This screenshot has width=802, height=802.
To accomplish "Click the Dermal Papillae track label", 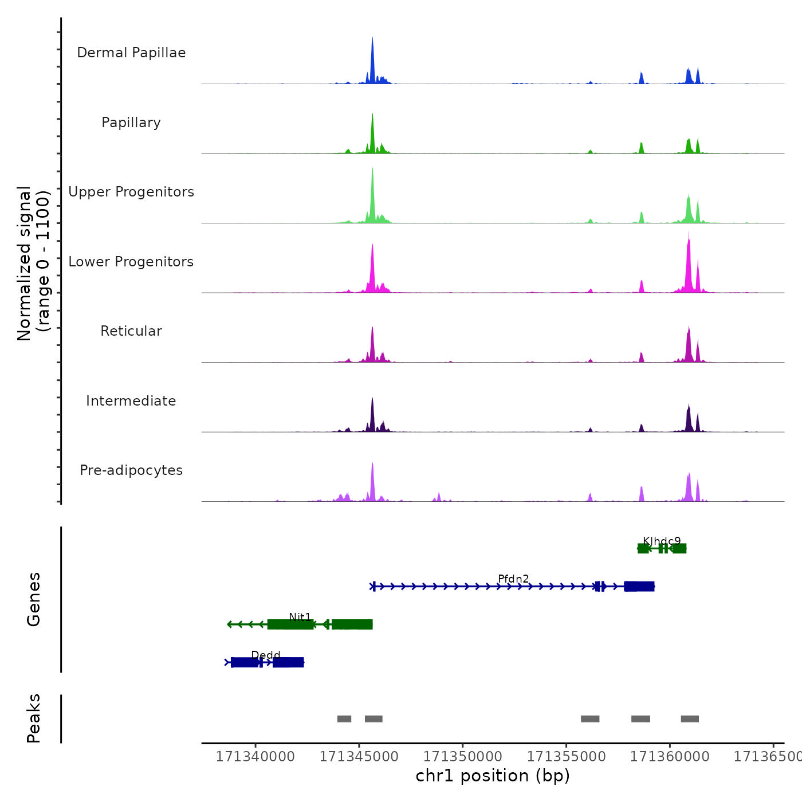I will (131, 53).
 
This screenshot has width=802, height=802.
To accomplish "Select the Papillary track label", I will (131, 123).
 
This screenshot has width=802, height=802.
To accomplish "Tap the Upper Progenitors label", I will (131, 192).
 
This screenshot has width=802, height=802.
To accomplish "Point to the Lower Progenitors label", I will (131, 262).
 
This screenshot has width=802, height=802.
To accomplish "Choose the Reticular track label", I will (131, 331).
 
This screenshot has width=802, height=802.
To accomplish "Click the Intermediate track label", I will (131, 401).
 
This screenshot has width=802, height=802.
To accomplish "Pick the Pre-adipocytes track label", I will (131, 470).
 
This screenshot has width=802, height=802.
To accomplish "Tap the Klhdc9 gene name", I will (662, 541).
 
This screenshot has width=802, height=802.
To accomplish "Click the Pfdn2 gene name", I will (513, 579).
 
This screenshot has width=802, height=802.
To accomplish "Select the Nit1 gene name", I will (300, 617).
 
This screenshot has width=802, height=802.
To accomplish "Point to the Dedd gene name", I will (266, 655).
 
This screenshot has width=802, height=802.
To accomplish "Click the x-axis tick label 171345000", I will (359, 757).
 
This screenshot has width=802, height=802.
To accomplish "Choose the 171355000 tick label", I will (566, 757).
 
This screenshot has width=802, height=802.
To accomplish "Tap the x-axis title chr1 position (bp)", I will (493, 776).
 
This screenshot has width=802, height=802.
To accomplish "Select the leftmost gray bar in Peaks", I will (344, 719).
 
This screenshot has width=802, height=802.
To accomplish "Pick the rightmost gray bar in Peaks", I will (690, 719).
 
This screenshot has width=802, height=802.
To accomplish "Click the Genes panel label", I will (34, 599).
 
